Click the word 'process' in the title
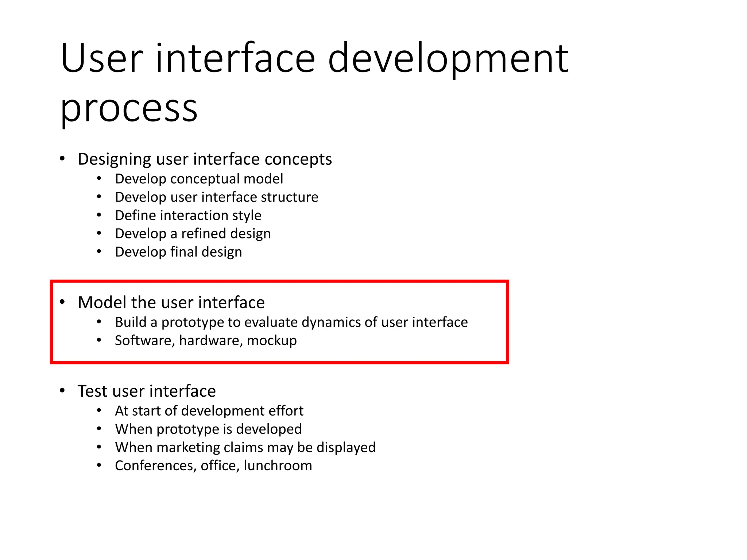pos(128,108)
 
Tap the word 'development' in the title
pos(448,58)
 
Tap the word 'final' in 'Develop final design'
pos(184,252)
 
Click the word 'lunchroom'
pos(278,466)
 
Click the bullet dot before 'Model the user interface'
pos(62,302)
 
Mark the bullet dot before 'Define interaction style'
pos(99,215)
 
